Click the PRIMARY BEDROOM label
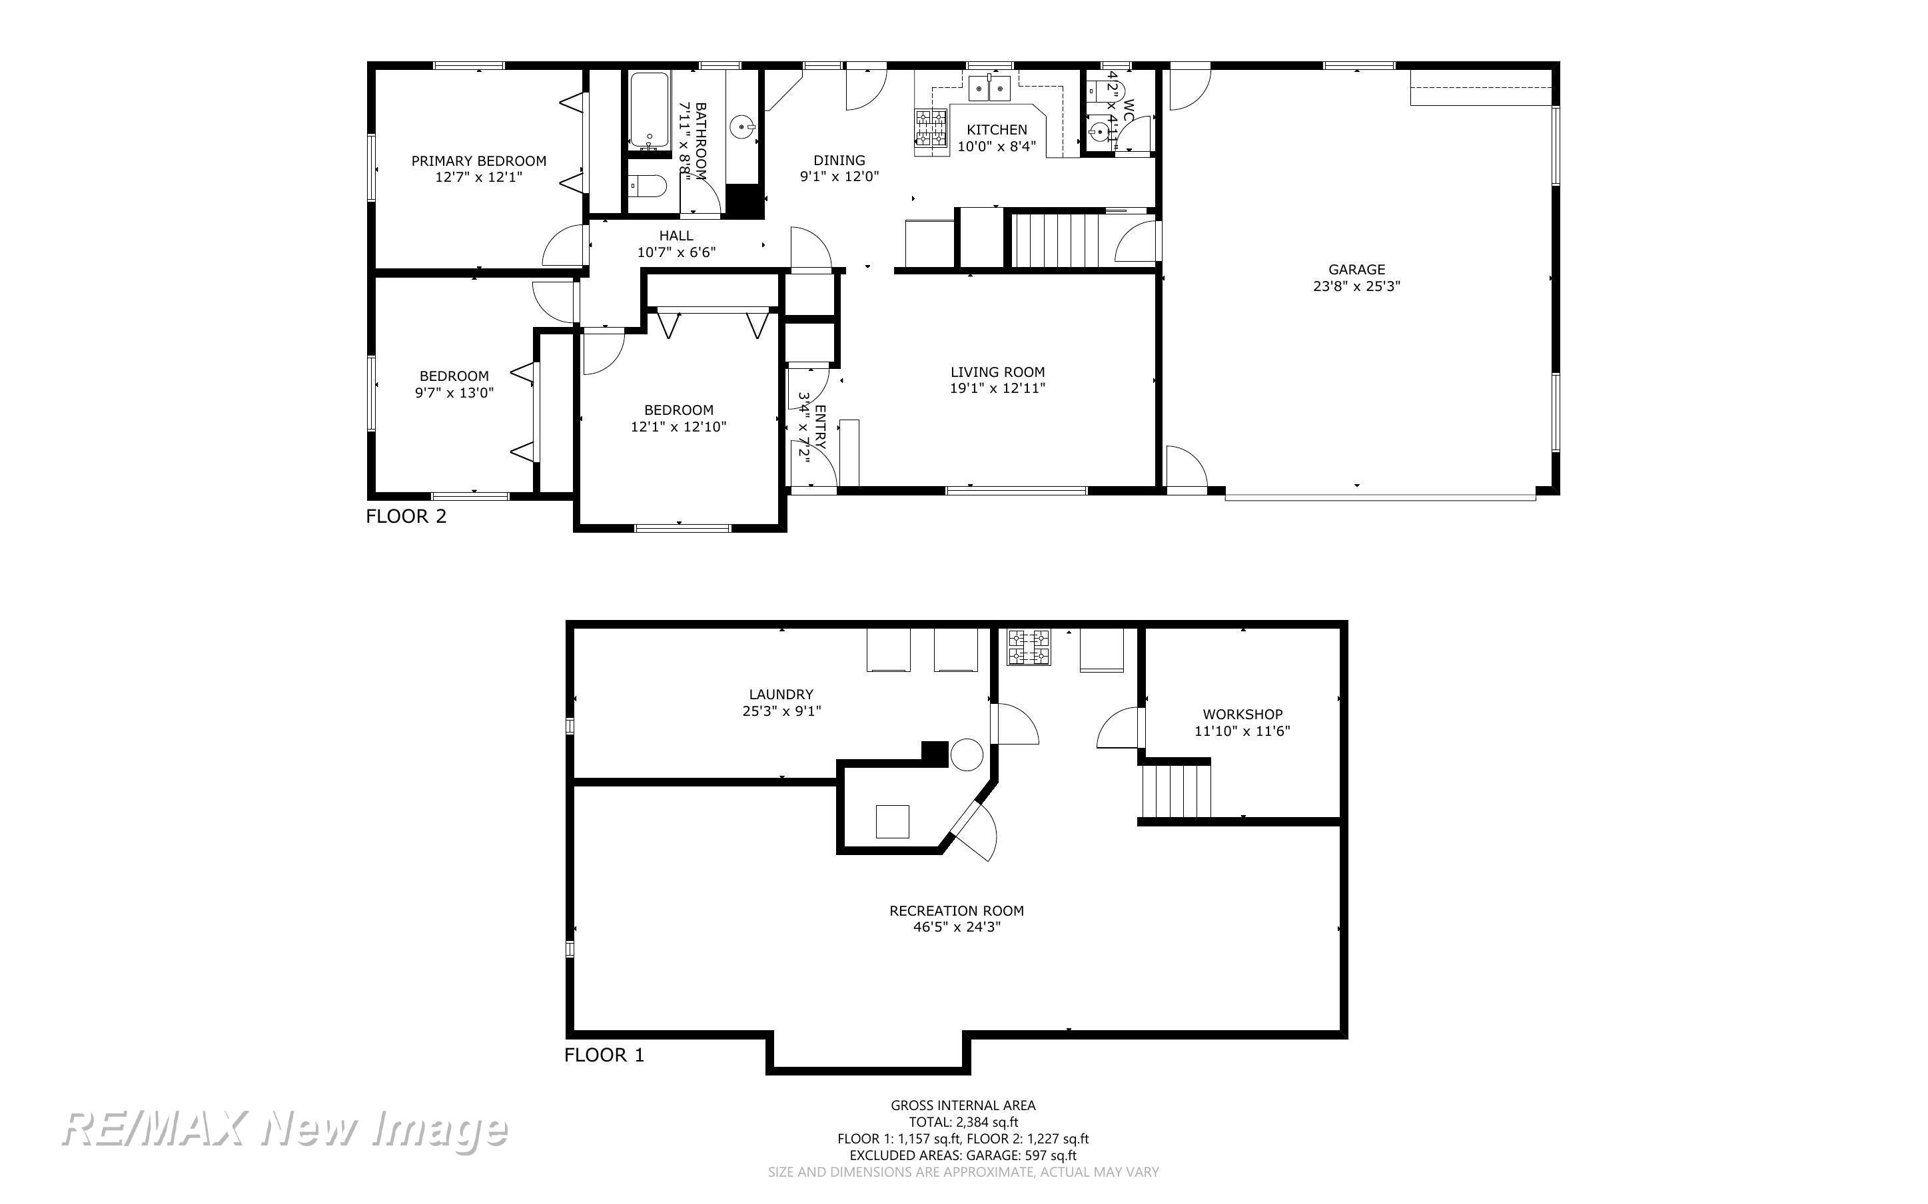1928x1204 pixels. tap(478, 161)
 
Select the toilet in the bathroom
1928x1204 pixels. tap(647, 186)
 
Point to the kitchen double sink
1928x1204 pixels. tap(989, 89)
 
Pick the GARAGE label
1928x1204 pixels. tap(1356, 270)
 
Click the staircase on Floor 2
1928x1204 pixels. tap(1055, 240)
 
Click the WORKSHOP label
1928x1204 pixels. tap(1242, 715)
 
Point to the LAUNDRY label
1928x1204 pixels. tap(781, 695)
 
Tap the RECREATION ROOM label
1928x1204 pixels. tap(957, 910)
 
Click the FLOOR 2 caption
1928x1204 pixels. tap(406, 516)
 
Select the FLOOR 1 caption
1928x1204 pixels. tap(604, 1055)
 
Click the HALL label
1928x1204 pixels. tap(676, 236)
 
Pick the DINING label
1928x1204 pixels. tap(839, 160)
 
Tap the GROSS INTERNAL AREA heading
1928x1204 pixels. tap(963, 1105)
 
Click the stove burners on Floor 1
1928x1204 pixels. tap(1029, 647)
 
